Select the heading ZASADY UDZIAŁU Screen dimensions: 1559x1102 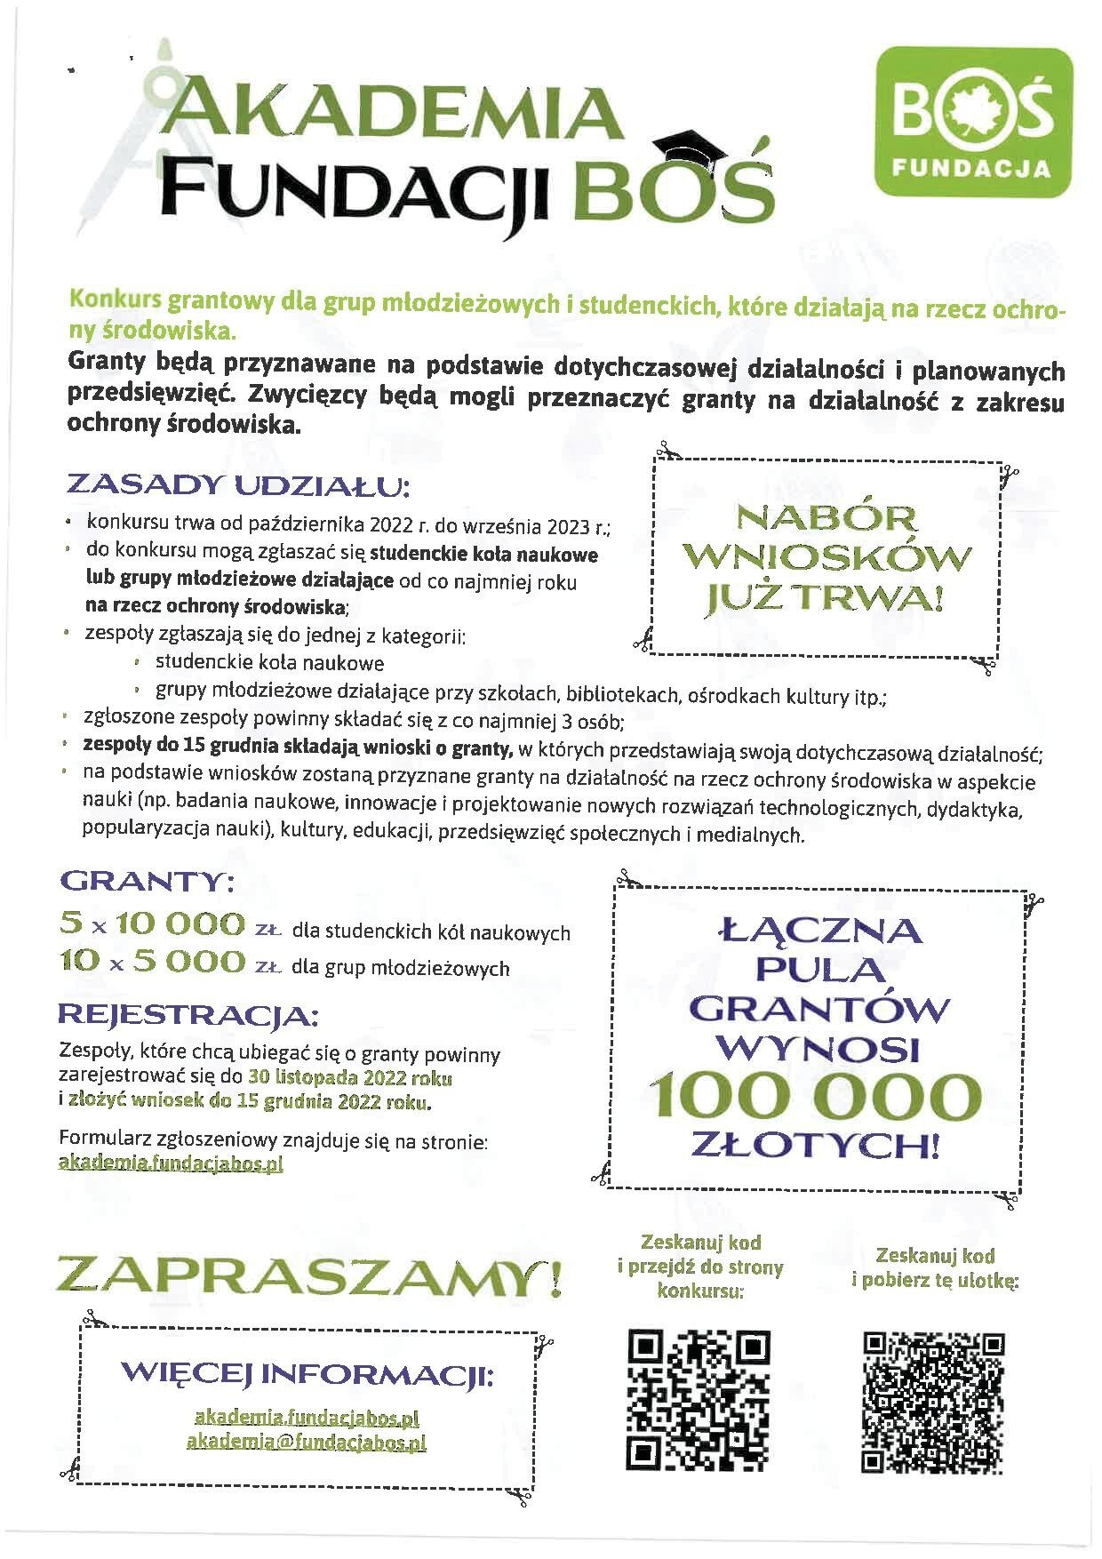coord(238,486)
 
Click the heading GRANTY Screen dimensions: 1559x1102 coord(147,882)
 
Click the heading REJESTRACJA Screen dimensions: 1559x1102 coord(188,1015)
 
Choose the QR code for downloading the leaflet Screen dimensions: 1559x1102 coord(933,1403)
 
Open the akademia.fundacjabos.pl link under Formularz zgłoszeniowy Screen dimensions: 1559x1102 coord(171,1163)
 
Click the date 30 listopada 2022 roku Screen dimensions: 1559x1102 coord(350,1078)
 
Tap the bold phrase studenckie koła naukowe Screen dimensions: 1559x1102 coord(483,555)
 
